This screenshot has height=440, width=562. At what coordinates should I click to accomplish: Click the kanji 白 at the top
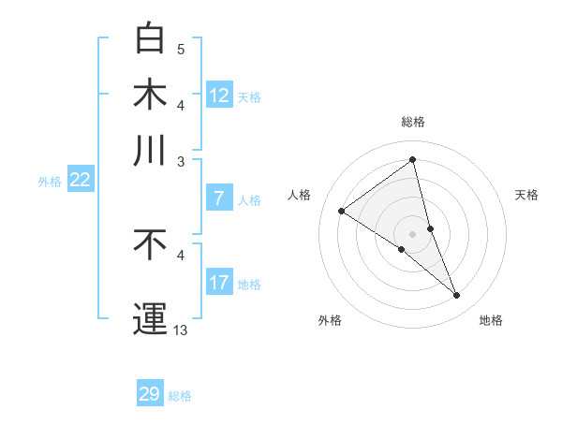click(x=150, y=38)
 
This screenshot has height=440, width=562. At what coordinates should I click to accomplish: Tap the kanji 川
click(x=150, y=150)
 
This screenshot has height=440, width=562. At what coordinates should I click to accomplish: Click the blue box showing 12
click(x=219, y=95)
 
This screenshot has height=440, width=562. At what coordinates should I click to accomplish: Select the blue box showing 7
click(x=219, y=198)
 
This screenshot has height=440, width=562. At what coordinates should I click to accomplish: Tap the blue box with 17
click(x=219, y=283)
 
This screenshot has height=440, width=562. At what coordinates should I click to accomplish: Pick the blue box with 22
click(x=80, y=181)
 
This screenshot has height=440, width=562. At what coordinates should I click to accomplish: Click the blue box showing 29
click(x=150, y=394)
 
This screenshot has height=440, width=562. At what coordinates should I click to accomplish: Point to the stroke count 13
click(x=181, y=330)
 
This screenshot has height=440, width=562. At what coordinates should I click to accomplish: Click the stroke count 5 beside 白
click(x=181, y=49)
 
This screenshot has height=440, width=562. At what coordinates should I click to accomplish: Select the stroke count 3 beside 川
click(x=181, y=161)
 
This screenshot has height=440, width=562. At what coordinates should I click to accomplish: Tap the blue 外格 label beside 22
click(x=50, y=182)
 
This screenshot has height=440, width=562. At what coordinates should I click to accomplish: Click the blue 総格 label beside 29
click(x=180, y=396)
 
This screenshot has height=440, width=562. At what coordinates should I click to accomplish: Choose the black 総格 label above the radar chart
click(x=413, y=122)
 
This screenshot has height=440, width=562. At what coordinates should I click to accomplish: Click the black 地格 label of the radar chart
click(x=491, y=321)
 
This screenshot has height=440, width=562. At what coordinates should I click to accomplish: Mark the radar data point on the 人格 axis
click(x=342, y=212)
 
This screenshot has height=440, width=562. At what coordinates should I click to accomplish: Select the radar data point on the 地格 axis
click(x=457, y=296)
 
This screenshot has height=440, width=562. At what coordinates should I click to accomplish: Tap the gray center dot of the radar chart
click(x=413, y=233)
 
